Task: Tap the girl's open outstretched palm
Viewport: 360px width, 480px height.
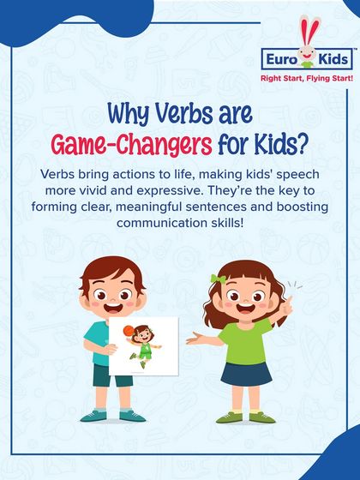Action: pyautogui.click(x=194, y=338)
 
